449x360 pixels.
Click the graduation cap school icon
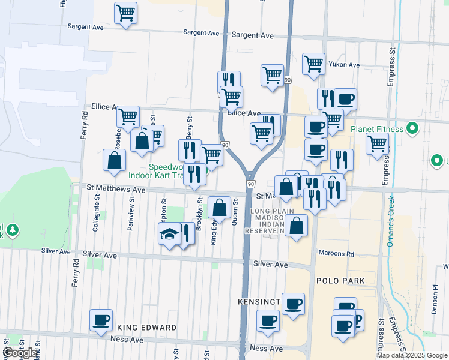click(169, 233)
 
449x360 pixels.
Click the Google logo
click(20, 353)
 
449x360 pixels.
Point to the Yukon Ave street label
click(345, 65)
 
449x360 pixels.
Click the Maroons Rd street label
click(337, 254)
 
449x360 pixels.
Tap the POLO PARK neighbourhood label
click(340, 281)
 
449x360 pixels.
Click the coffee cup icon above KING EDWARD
click(101, 320)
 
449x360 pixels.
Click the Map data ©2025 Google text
click(411, 355)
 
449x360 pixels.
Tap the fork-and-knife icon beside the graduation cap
click(187, 233)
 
